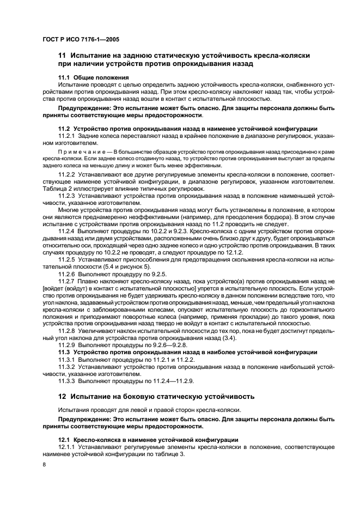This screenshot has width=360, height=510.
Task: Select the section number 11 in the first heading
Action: click(x=62, y=56)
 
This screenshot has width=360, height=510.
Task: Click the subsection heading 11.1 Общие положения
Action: click(x=93, y=77)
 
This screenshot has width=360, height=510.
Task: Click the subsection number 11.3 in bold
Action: click(x=65, y=351)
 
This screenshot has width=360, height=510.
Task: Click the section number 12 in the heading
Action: click(x=62, y=396)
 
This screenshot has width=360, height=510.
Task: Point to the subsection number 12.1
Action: click(x=65, y=439)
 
